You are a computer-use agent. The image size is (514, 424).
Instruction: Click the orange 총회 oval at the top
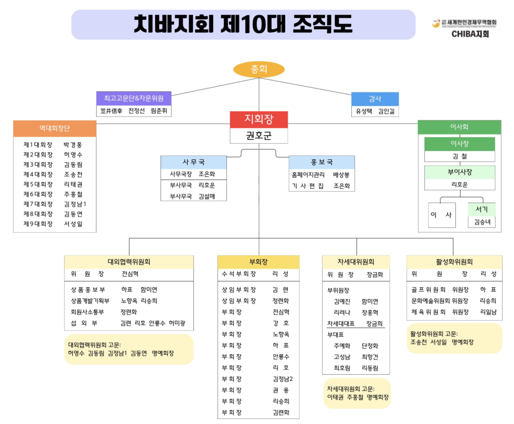point(259,69)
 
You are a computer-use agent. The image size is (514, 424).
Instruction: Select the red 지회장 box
point(259,120)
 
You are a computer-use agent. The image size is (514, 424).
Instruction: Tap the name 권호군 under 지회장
point(259,136)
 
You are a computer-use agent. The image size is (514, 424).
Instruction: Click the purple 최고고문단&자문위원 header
point(134,98)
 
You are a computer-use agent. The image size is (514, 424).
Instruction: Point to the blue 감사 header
point(375,99)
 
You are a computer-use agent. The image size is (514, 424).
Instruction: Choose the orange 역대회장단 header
point(55,128)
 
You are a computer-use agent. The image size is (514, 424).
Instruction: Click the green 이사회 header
point(459,127)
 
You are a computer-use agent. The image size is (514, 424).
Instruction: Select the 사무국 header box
point(193,162)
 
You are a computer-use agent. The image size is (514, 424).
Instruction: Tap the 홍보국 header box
point(321,162)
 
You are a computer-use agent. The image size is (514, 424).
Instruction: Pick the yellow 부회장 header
point(258,262)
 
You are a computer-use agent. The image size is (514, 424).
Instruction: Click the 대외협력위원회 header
point(129,262)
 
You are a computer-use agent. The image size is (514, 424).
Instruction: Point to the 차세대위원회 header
point(356,262)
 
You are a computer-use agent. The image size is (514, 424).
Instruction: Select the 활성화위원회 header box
point(454,262)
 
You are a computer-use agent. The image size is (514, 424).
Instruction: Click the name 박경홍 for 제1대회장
point(73,145)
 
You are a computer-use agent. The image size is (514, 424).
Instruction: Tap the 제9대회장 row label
point(38,224)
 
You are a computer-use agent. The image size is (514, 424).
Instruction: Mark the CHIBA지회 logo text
point(470,34)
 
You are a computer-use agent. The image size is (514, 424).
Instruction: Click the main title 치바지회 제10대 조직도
point(243,24)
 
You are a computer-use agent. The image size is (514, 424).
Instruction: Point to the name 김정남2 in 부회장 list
point(282,379)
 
